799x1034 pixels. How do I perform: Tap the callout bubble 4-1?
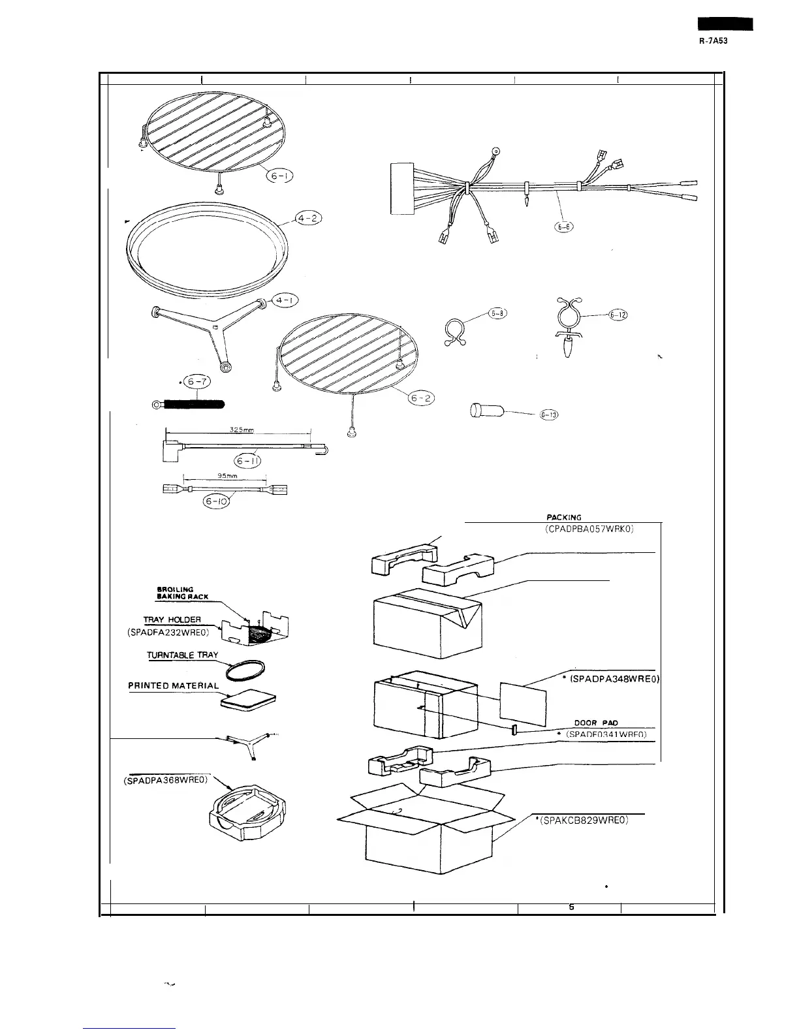click(285, 300)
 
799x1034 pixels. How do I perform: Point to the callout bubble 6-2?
click(420, 398)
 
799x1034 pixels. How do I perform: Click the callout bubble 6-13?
click(548, 416)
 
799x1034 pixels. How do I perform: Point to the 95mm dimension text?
click(223, 477)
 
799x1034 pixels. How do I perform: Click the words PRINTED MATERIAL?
click(173, 686)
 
